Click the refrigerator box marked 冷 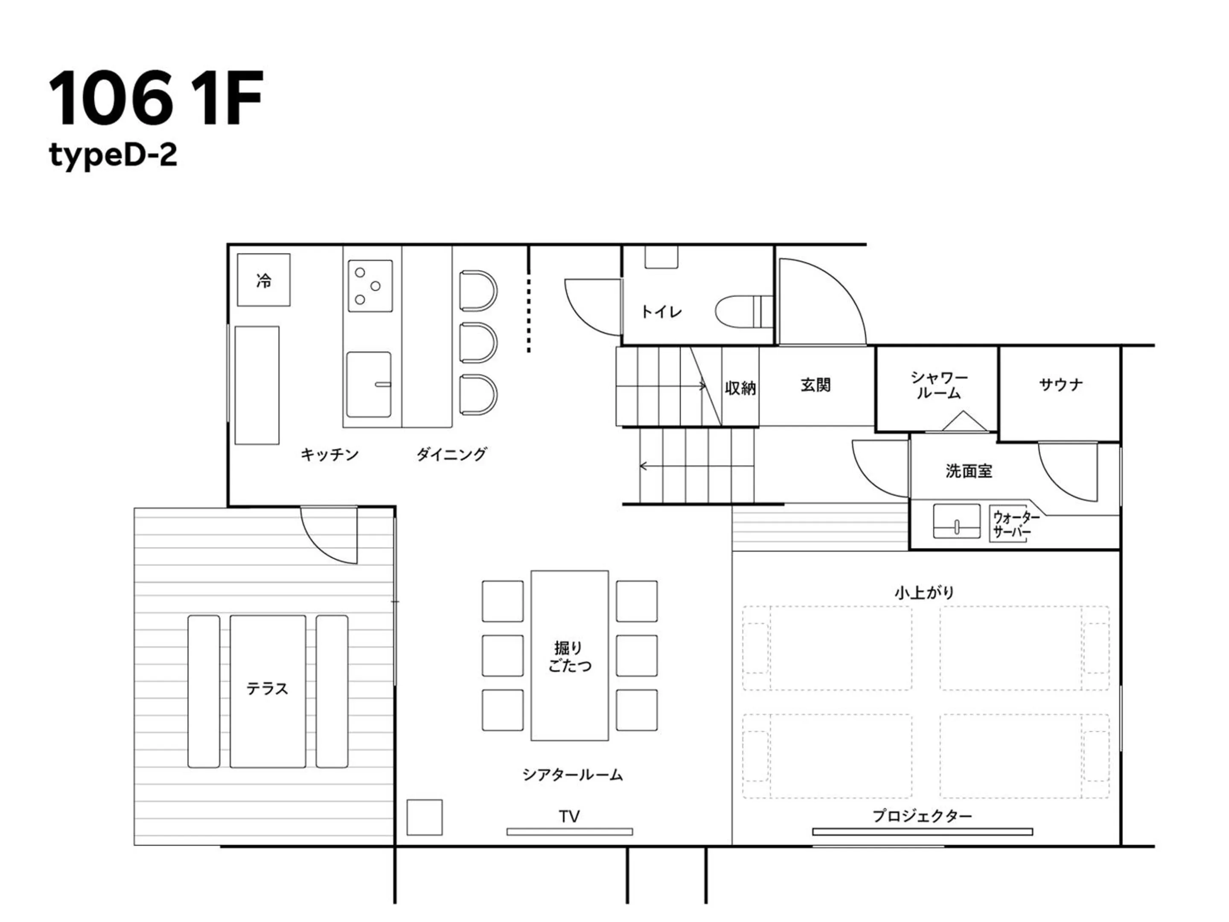coord(263,280)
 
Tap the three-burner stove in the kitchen coord(370,286)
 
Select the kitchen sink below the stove coord(368,384)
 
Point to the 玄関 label coord(815,385)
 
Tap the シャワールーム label coord(938,385)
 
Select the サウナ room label coord(1060,384)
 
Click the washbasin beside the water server coord(956,521)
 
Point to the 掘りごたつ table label coord(569,656)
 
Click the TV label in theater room coord(569,816)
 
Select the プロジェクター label coord(922,816)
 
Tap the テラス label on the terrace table coord(267,689)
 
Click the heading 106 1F coord(156,98)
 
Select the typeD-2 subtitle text coord(113,155)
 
